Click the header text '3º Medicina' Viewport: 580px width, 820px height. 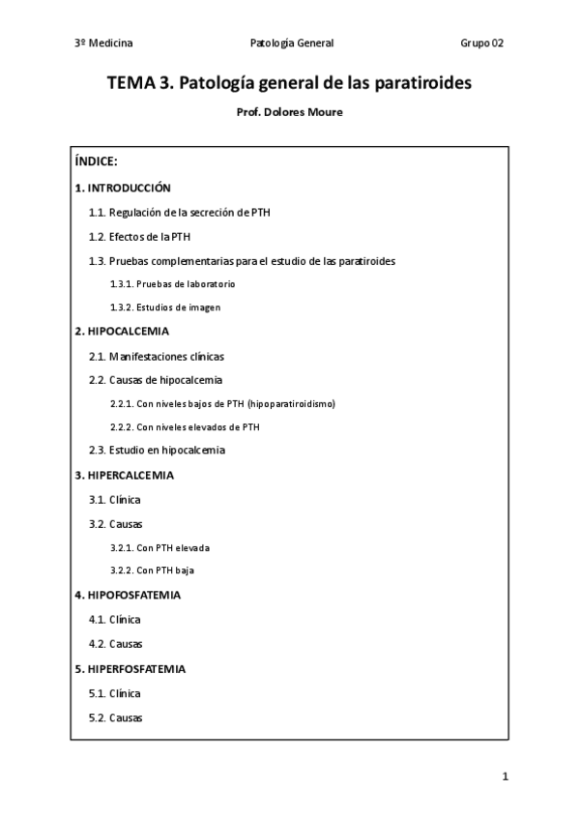click(x=102, y=44)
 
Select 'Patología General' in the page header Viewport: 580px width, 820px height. click(x=291, y=44)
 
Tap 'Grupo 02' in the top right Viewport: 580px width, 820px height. click(x=481, y=44)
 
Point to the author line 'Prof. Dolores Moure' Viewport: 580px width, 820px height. click(x=289, y=111)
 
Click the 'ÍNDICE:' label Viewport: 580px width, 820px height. click(x=96, y=161)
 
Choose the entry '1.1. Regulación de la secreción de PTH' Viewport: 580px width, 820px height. click(x=187, y=212)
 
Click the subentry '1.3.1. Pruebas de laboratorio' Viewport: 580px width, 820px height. click(x=172, y=284)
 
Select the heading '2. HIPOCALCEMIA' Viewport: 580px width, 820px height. click(x=122, y=332)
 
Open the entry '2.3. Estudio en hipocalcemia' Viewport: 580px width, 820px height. click(x=157, y=451)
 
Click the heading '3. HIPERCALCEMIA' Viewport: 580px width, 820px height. click(x=124, y=476)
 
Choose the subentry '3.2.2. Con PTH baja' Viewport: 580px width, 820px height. click(x=152, y=571)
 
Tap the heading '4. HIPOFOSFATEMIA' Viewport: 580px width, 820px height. click(x=128, y=595)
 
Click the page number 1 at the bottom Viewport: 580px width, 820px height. click(x=505, y=776)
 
